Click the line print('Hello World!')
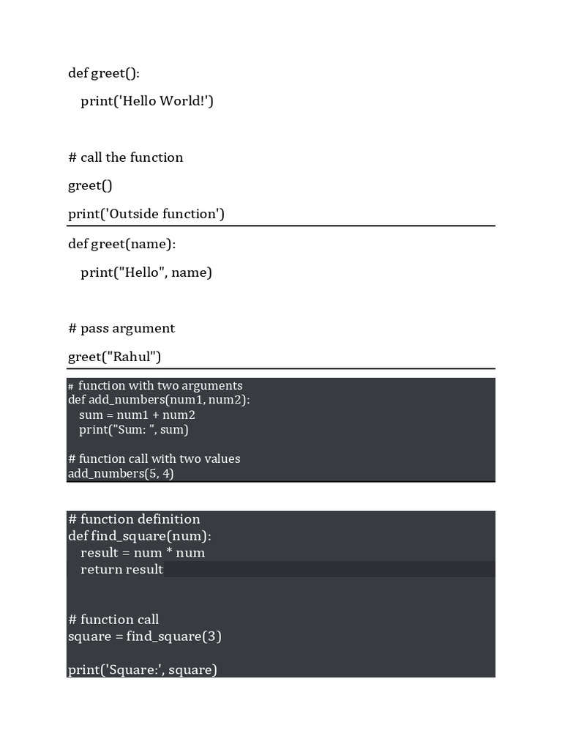pyautogui.click(x=146, y=101)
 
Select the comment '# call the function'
pyautogui.click(x=125, y=157)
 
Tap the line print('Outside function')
pyautogui.click(x=146, y=214)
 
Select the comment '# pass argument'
pyautogui.click(x=121, y=328)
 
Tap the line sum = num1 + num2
pyautogui.click(x=137, y=415)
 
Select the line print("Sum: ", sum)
pyautogui.click(x=134, y=430)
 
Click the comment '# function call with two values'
pyautogui.click(x=154, y=459)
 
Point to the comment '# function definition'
pyautogui.click(x=134, y=519)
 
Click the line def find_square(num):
pyautogui.click(x=140, y=536)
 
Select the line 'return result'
pyautogui.click(x=121, y=570)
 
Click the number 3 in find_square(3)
pyautogui.click(x=211, y=636)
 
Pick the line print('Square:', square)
pyautogui.click(x=143, y=669)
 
